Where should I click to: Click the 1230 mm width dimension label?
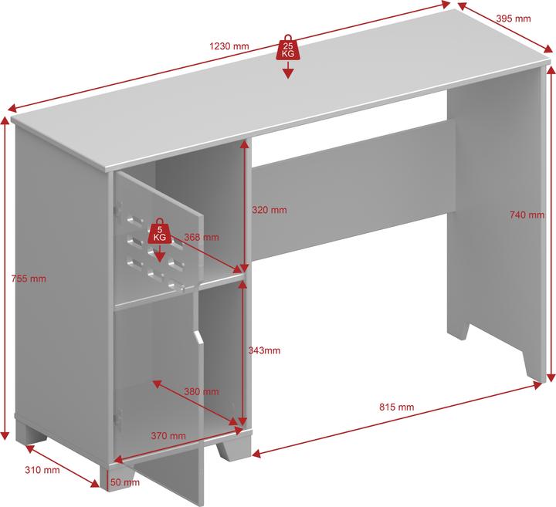(229, 46)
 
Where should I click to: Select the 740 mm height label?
(527, 215)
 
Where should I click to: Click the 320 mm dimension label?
(270, 210)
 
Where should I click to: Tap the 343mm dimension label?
(264, 350)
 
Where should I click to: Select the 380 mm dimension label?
(201, 391)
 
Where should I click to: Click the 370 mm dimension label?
(168, 436)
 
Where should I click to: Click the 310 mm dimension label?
(42, 470)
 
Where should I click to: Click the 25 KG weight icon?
(287, 48)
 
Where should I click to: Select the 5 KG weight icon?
(160, 232)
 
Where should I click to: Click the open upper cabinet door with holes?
(154, 235)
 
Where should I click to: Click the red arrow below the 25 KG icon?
(287, 72)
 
